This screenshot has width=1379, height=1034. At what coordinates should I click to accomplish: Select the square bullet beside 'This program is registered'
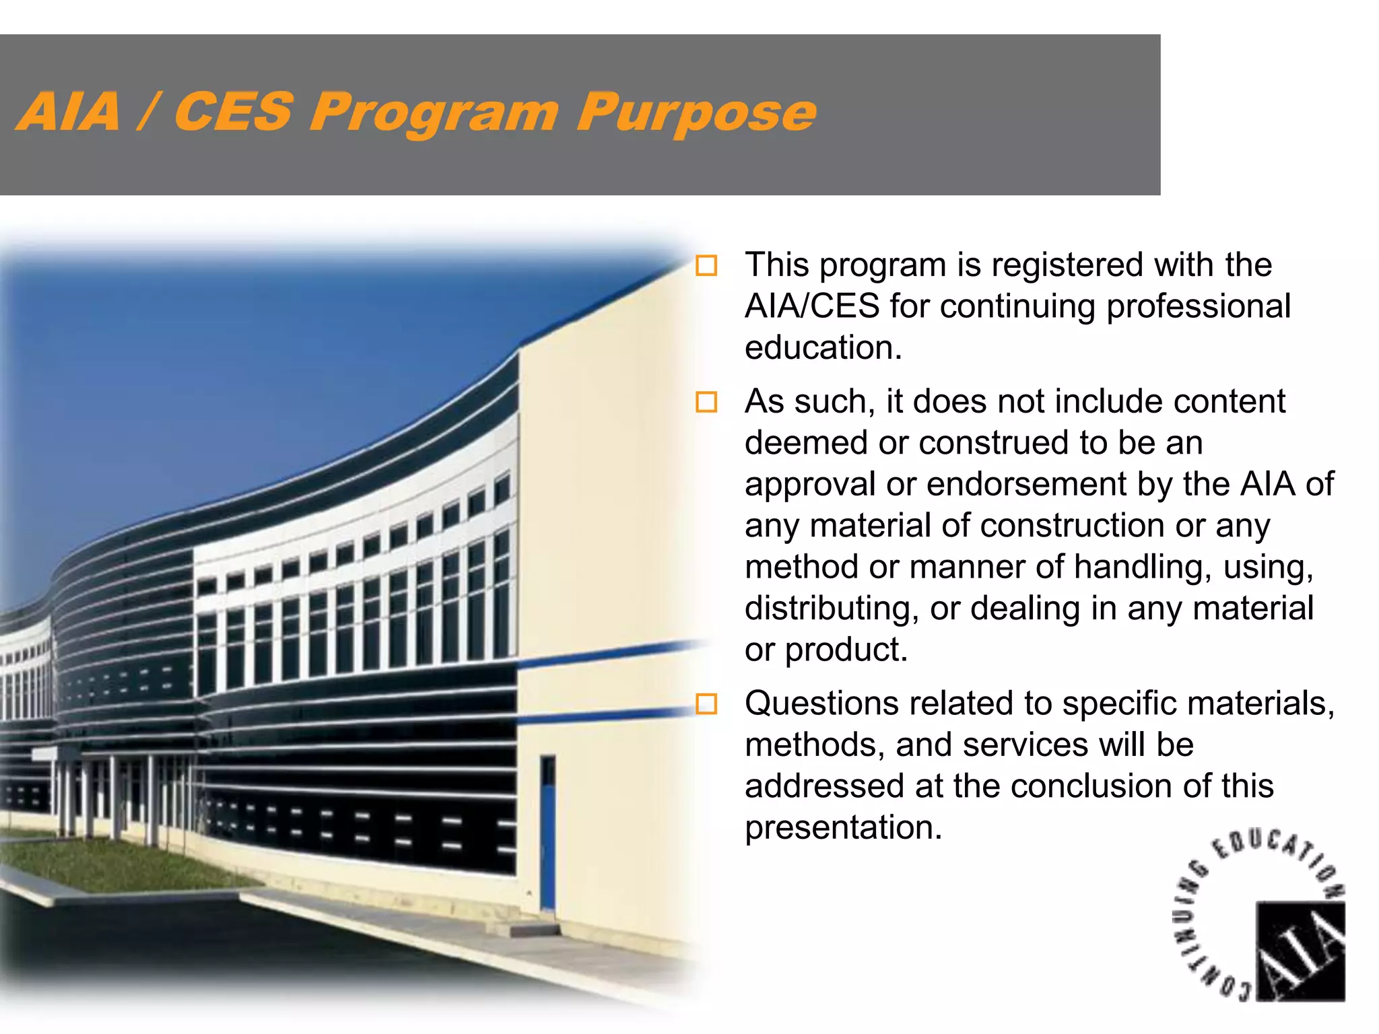tap(706, 265)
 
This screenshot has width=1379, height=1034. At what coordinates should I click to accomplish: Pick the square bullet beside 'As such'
tap(706, 402)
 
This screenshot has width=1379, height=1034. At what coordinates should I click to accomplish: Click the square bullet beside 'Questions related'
tap(706, 704)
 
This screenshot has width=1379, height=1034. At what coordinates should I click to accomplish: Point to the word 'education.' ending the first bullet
tap(823, 348)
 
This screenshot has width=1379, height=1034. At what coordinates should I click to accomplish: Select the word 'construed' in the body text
tap(993, 444)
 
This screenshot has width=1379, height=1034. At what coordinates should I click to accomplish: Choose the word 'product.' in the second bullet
tap(846, 650)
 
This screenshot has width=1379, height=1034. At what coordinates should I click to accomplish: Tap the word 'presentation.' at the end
tap(843, 828)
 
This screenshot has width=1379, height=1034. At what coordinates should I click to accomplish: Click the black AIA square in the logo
tap(1300, 951)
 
